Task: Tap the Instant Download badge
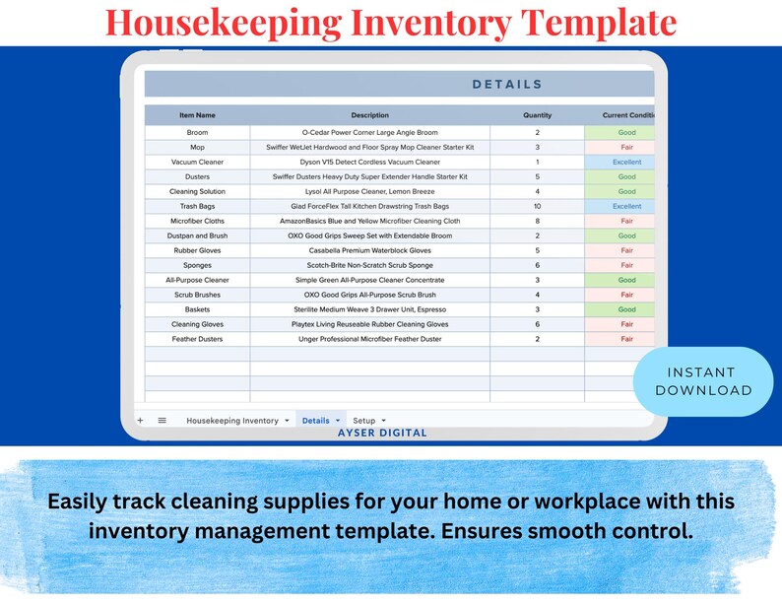(702, 380)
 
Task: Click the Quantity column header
(537, 115)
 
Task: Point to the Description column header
(369, 115)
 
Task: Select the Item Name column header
(197, 115)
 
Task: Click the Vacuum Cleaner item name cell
(197, 162)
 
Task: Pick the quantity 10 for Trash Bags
(537, 206)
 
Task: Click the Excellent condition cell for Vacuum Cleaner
(626, 162)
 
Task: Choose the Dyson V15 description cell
(369, 162)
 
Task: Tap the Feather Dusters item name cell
(197, 339)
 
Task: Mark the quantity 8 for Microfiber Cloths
(537, 221)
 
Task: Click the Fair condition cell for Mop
(626, 147)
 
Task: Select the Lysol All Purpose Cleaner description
(369, 191)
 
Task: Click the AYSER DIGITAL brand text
(383, 433)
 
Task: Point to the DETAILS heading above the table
(507, 85)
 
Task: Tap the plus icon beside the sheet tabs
(140, 420)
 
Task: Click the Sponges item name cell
(197, 265)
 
